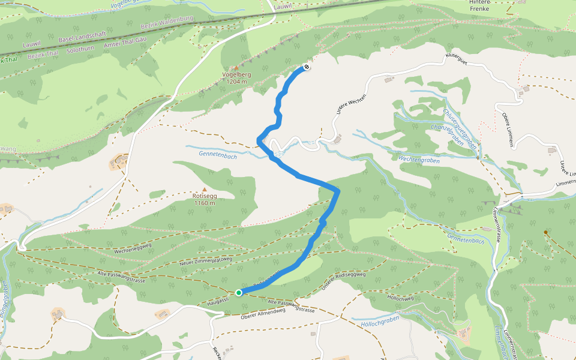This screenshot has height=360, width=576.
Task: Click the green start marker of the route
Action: pos(239,292)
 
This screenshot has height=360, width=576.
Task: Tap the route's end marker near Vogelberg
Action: pos(307,67)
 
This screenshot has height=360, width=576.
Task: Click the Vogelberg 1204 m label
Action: pos(236,78)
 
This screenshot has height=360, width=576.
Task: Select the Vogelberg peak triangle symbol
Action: pos(236,67)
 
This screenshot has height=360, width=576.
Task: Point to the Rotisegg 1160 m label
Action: pos(205,199)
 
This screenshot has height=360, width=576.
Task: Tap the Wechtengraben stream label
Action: pos(419,160)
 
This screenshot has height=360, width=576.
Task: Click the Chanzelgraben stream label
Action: pos(447,134)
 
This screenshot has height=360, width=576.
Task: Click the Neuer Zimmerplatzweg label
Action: pos(206,260)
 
